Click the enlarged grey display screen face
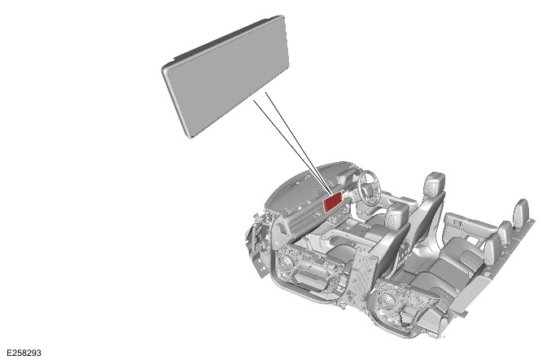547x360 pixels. point(227,77)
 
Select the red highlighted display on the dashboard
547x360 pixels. point(333,202)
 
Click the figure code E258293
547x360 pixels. point(24,353)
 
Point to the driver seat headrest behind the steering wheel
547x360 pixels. point(435,183)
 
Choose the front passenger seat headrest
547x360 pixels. point(397,213)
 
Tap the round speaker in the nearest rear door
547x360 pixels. point(385,301)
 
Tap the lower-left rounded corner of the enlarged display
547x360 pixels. point(190,135)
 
